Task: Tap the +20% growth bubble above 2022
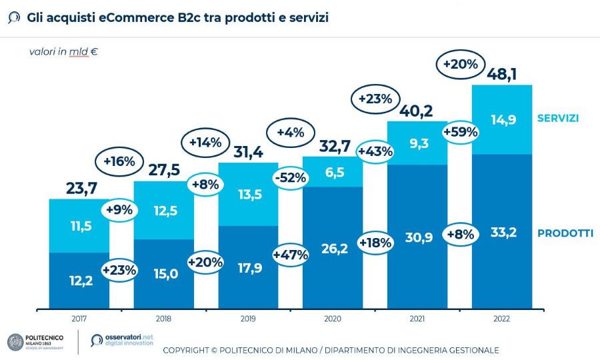click(459, 64)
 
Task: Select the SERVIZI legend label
click(557, 119)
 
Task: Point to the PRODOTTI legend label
click(565, 233)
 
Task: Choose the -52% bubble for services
click(290, 178)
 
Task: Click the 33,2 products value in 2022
click(501, 233)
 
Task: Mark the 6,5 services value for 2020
click(332, 173)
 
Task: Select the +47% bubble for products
click(290, 254)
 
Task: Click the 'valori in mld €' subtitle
click(63, 51)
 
